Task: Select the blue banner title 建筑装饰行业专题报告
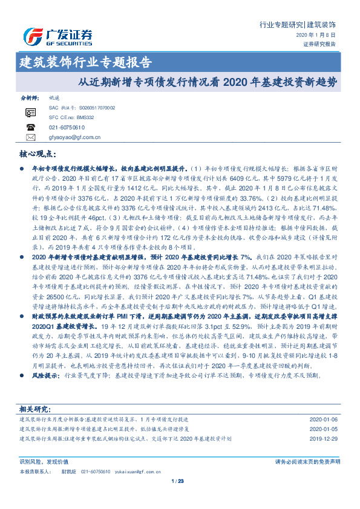point(85,62)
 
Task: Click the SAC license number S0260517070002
point(97,108)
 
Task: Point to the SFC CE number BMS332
point(82,117)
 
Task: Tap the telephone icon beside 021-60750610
point(31,128)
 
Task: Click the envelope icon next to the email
point(31,137)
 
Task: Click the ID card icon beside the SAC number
point(31,112)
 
